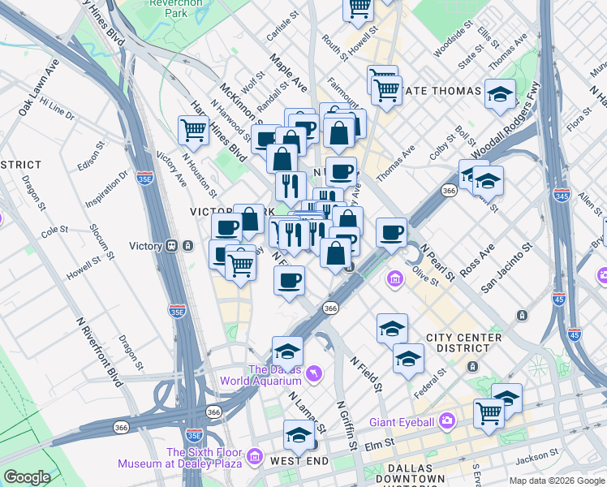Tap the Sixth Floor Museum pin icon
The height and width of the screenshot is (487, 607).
point(256,457)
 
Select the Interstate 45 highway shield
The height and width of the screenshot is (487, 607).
point(575,334)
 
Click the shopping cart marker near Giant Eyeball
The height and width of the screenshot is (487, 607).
point(489,412)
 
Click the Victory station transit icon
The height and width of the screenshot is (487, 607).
point(171,245)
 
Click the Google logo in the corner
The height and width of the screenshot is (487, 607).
point(27,477)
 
